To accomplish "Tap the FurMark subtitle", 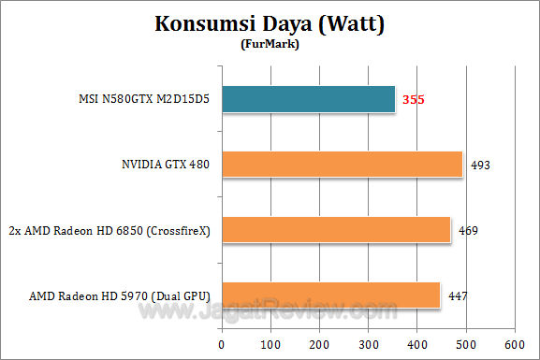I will (x=270, y=43).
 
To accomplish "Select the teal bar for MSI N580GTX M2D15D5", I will (x=308, y=99).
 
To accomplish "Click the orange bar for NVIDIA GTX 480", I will (x=342, y=165).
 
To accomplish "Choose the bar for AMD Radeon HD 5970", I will (x=330, y=295).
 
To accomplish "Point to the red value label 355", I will (x=415, y=99).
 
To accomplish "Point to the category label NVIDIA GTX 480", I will (x=160, y=165).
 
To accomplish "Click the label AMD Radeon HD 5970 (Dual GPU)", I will (x=117, y=295).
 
